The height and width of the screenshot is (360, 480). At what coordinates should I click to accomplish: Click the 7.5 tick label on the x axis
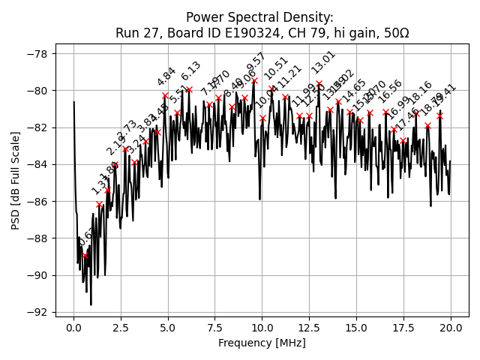click(215, 328)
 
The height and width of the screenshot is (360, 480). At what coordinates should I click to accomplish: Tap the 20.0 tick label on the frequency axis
click(451, 328)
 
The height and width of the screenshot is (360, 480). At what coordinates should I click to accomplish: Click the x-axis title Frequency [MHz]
click(262, 343)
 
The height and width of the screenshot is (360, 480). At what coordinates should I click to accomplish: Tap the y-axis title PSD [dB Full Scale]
click(15, 180)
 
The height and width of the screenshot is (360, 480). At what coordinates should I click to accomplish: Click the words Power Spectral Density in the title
click(259, 18)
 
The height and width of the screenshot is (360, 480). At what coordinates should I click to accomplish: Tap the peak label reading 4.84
click(166, 76)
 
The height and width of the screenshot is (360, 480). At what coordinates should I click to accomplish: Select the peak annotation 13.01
click(324, 62)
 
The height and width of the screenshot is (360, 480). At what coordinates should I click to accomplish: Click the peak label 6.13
click(190, 71)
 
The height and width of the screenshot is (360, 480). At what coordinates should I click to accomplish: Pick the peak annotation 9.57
click(256, 63)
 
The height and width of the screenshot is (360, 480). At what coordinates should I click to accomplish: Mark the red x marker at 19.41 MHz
click(439, 115)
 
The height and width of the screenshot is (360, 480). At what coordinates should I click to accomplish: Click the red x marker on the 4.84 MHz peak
click(165, 95)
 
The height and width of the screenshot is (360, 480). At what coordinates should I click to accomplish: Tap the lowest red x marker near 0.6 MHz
click(85, 255)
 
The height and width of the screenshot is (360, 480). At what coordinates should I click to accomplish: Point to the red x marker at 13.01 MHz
click(319, 83)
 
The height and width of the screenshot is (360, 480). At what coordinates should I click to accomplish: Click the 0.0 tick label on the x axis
click(73, 328)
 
